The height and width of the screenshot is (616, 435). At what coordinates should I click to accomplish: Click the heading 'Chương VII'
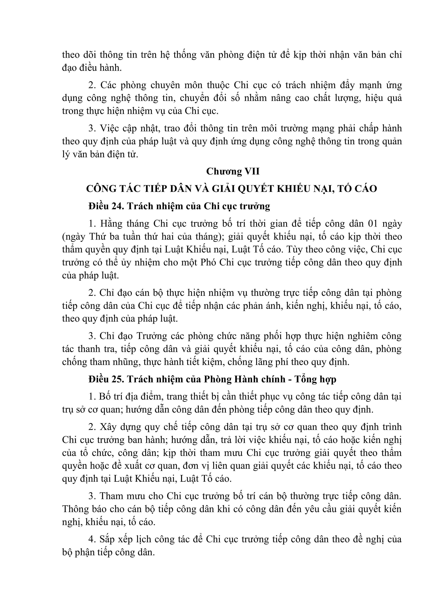coord(233,171)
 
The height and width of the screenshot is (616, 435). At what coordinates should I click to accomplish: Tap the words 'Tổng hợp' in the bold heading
coord(315,379)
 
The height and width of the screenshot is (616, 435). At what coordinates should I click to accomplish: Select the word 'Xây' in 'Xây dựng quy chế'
coord(109,427)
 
